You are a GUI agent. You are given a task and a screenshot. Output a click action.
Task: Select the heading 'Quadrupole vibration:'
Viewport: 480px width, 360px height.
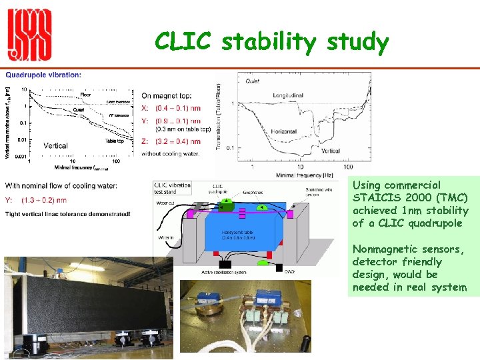(44, 75)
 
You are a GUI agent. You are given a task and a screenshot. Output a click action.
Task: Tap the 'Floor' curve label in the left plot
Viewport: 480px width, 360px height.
(86, 94)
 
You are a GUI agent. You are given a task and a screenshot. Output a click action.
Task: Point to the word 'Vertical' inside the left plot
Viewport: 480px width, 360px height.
(55, 145)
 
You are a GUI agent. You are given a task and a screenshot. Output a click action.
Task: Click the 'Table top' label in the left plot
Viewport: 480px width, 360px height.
(115, 141)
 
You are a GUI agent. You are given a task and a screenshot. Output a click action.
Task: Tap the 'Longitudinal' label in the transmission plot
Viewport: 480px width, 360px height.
(288, 95)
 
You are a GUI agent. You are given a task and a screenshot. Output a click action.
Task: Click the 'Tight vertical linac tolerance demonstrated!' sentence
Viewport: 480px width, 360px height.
(68, 214)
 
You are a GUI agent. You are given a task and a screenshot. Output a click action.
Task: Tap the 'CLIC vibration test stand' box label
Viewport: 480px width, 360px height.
(172, 189)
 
